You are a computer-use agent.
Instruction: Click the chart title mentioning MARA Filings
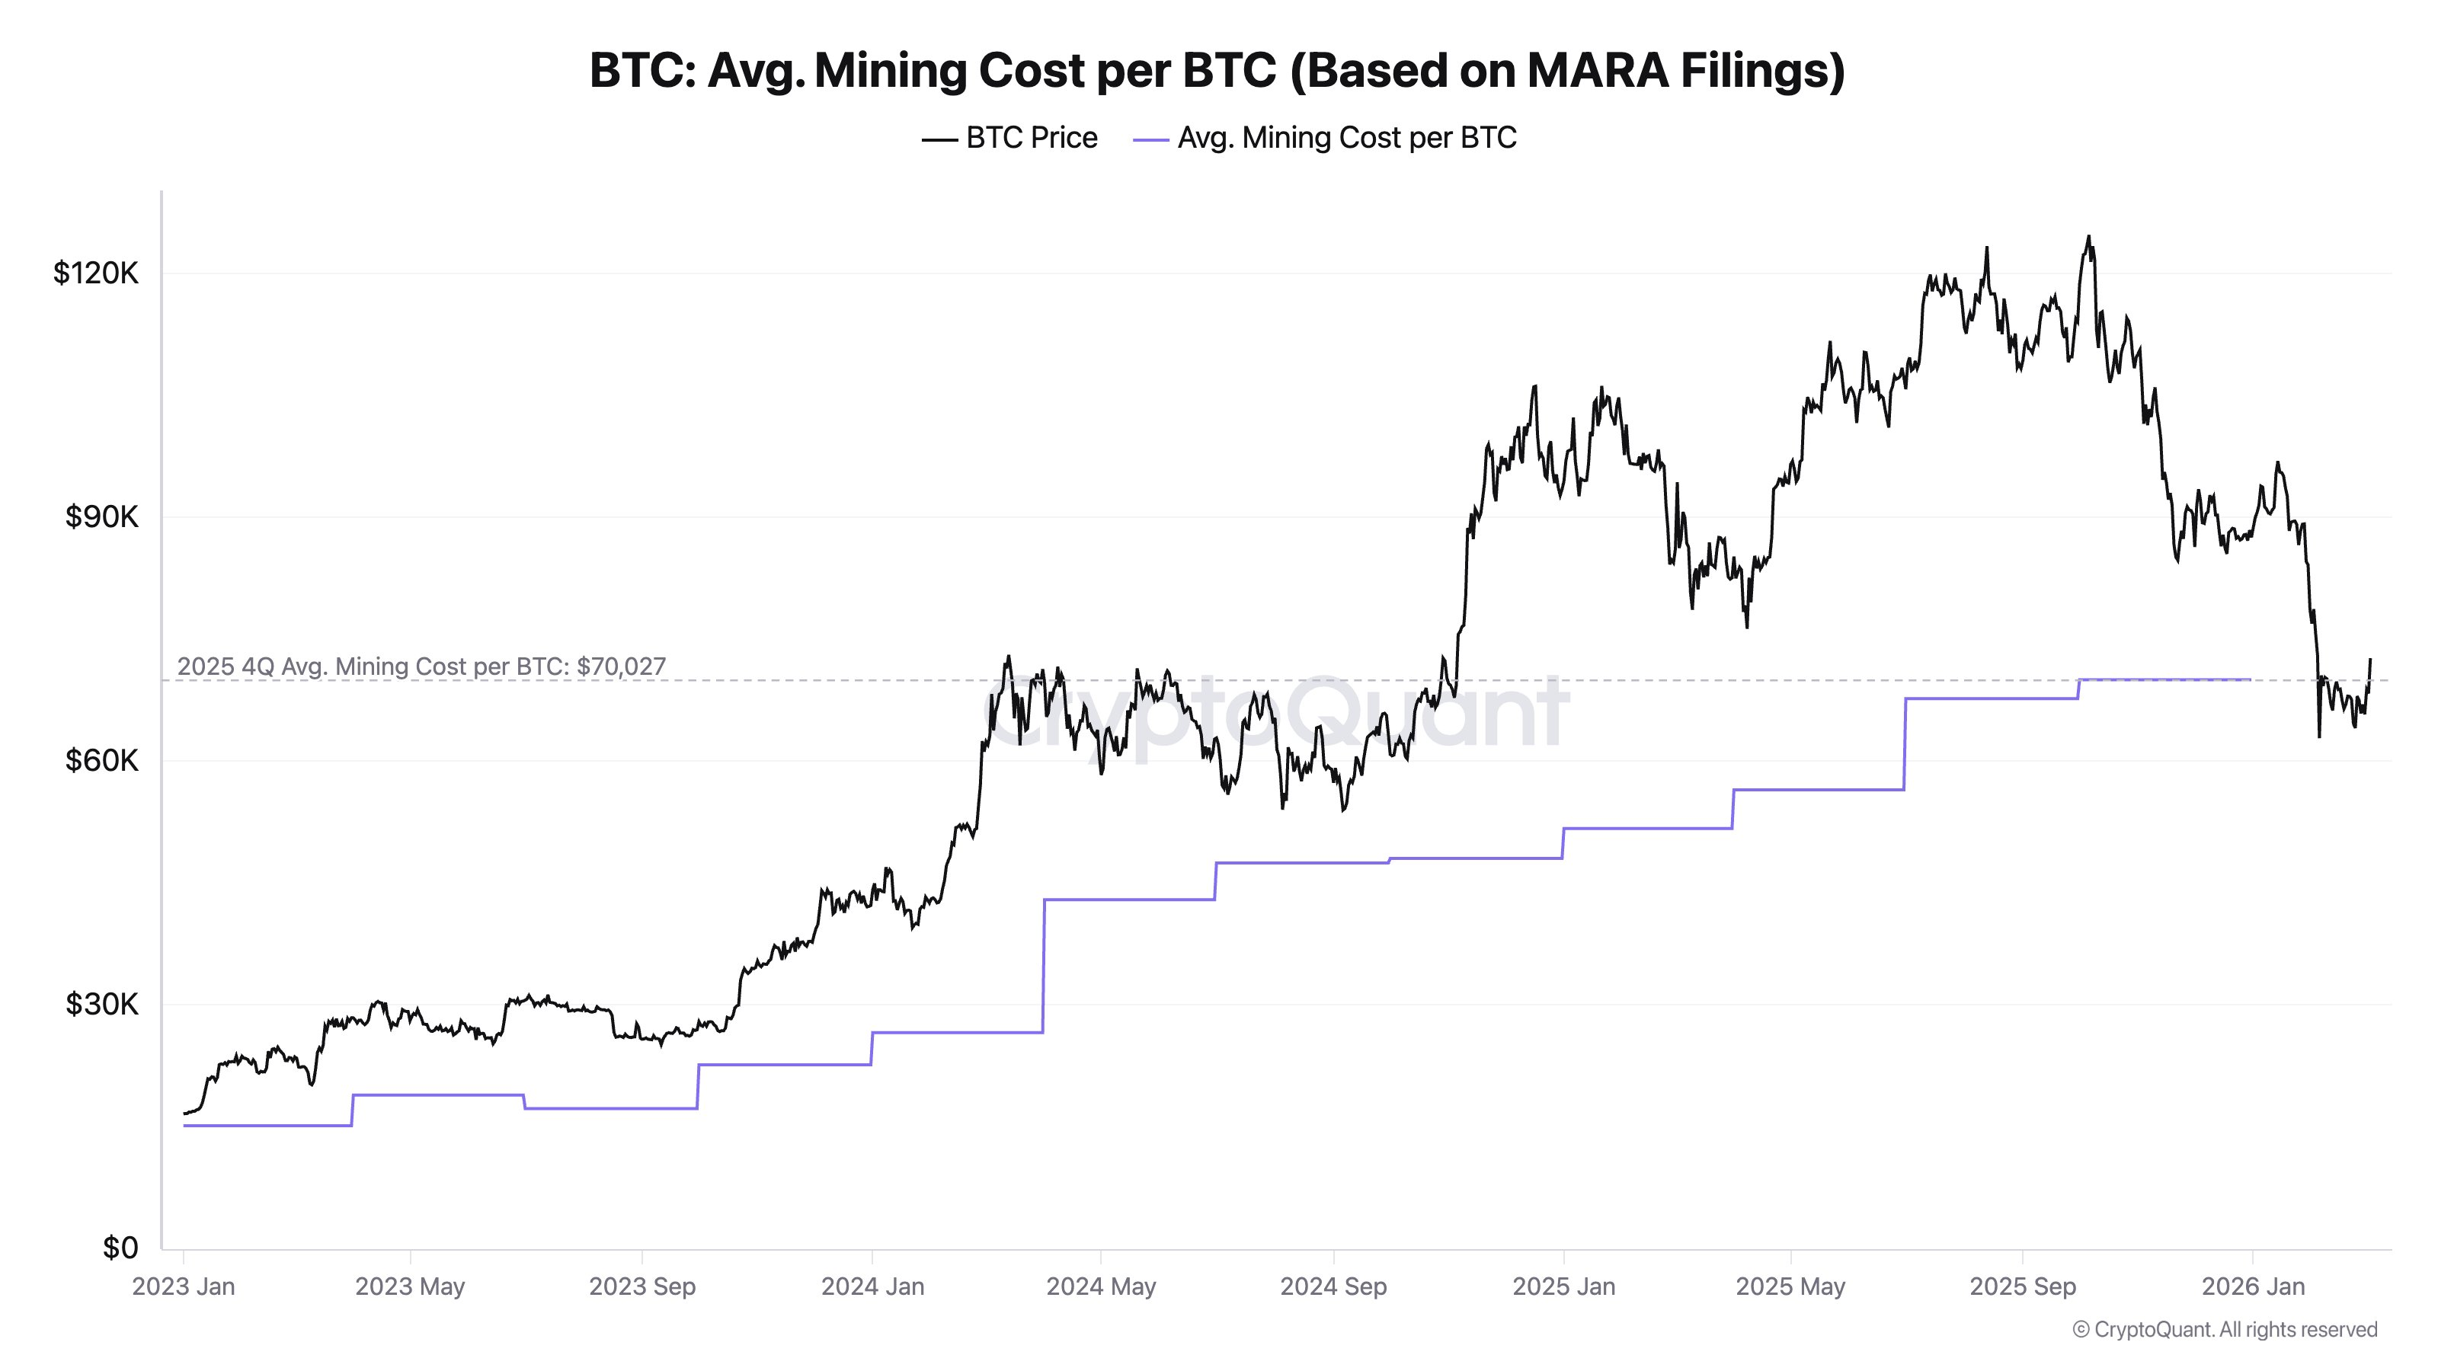(1217, 70)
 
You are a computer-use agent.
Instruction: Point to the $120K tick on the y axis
(95, 273)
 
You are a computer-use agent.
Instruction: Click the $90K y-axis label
(101, 516)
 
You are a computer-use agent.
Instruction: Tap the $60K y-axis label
(101, 760)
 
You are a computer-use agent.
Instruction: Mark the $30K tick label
(101, 1004)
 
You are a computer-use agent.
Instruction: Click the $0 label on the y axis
(120, 1248)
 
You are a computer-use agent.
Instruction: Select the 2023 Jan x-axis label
(184, 1286)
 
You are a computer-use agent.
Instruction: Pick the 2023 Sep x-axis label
(641, 1286)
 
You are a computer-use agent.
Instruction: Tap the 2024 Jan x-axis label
(872, 1286)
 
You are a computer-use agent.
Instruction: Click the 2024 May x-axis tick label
(1101, 1286)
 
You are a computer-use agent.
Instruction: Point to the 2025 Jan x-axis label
(1563, 1286)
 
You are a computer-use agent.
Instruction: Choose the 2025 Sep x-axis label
(2023, 1286)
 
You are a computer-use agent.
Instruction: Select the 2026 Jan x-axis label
(2253, 1286)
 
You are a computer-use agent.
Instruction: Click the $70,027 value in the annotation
(621, 666)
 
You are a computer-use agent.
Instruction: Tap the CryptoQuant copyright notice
(2224, 1329)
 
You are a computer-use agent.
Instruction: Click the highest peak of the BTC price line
(2089, 238)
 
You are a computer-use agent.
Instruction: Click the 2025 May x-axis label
(1790, 1286)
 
